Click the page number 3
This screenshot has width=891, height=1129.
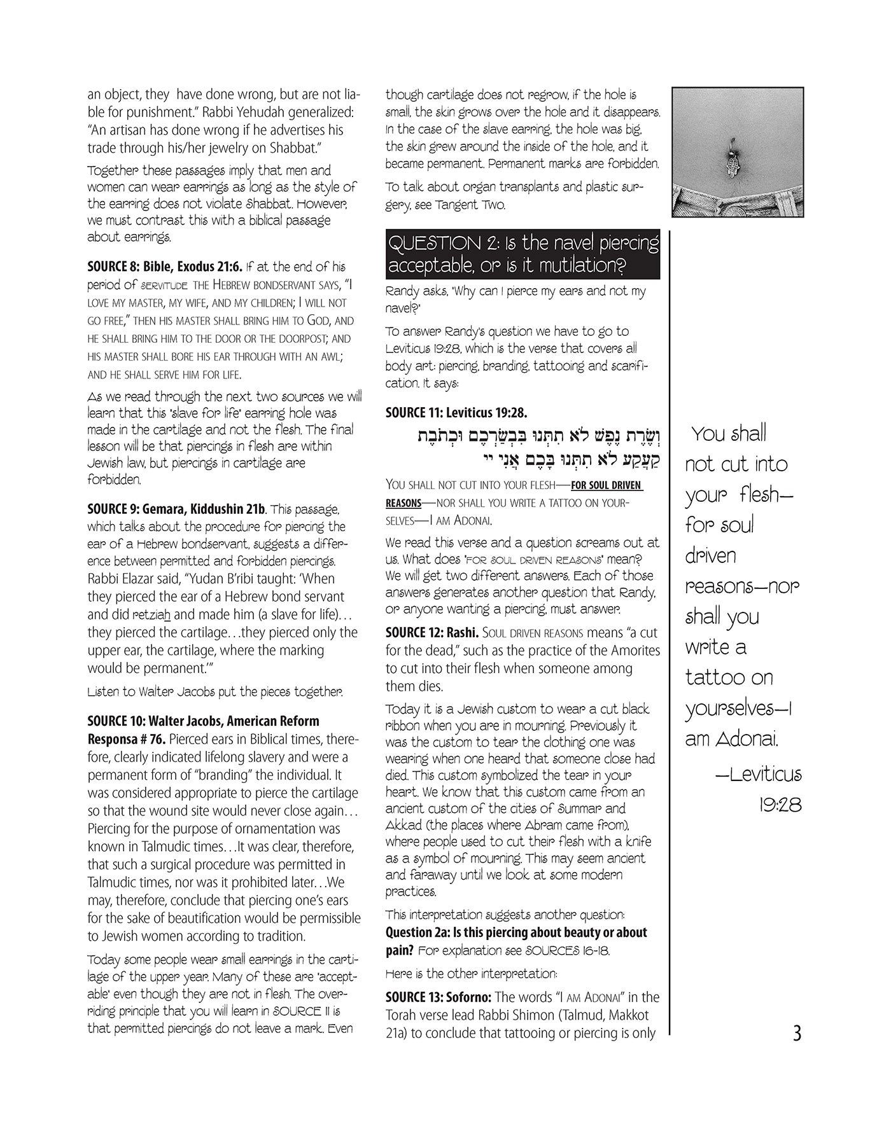click(796, 1033)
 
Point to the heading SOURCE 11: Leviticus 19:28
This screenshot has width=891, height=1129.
click(456, 413)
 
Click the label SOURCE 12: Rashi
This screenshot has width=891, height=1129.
click(432, 634)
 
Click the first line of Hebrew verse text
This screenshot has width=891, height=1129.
click(532, 437)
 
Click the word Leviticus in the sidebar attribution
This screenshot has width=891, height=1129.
click(765, 775)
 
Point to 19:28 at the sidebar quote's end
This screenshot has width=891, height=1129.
click(780, 805)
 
